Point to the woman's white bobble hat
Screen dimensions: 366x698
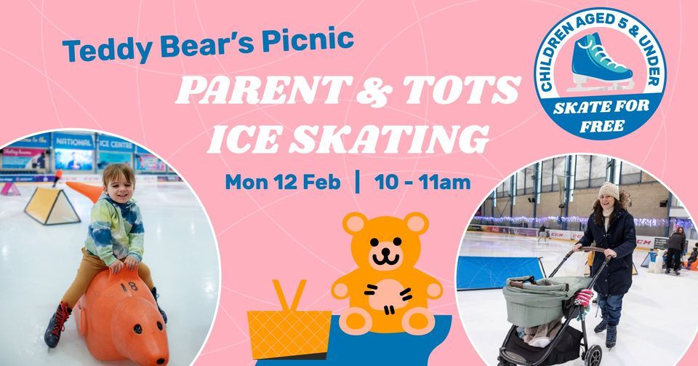(x=608, y=191)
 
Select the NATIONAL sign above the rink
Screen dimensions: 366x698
(x=73, y=142)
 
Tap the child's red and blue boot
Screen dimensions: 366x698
(x=57, y=325)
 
